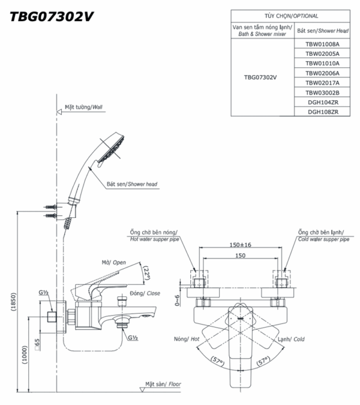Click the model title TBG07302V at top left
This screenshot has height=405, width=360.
pyautogui.click(x=52, y=16)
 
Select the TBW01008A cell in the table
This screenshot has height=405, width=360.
pyautogui.click(x=322, y=44)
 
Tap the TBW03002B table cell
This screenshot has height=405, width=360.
pyautogui.click(x=322, y=92)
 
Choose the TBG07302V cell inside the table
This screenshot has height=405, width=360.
pyautogui.click(x=260, y=77)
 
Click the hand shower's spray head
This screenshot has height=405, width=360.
pyautogui.click(x=110, y=148)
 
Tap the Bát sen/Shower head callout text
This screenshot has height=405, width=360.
pyautogui.click(x=131, y=185)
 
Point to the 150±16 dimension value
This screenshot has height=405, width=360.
pyautogui.click(x=240, y=245)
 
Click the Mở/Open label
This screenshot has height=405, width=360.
pyautogui.click(x=113, y=262)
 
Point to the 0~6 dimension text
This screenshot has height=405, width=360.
pyautogui.click(x=176, y=299)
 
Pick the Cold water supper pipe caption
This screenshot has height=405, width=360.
pyautogui.click(x=323, y=239)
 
